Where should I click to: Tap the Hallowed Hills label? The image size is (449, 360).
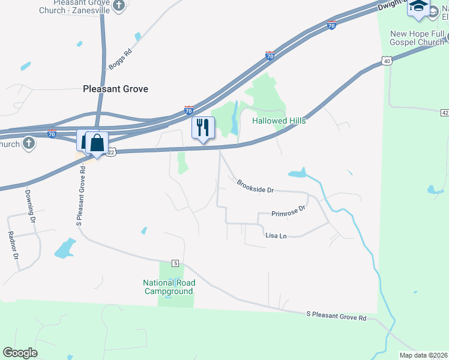[x=279, y=121]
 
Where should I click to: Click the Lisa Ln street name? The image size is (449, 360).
[x=276, y=236]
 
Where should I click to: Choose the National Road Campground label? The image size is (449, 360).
[x=168, y=287]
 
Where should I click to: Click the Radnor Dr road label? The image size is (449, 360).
[x=12, y=245]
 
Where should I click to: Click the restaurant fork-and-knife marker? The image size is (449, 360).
[x=202, y=127]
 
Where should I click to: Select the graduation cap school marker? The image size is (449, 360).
[x=418, y=7]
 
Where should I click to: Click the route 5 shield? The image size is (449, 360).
[x=175, y=263]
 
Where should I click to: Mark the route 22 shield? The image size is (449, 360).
[x=111, y=153]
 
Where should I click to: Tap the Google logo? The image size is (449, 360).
[x=20, y=352]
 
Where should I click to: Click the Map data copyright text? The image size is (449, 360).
[x=423, y=355]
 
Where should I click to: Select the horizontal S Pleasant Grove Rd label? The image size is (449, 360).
[x=336, y=314]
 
